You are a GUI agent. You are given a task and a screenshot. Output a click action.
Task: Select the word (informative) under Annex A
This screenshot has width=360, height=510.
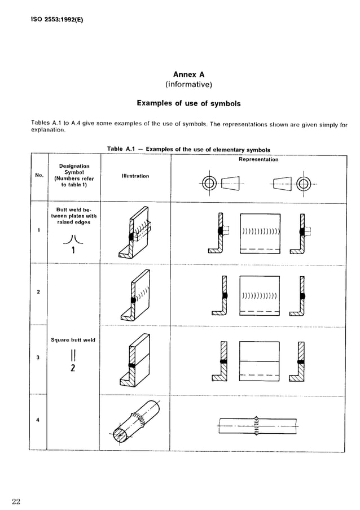tap(188, 85)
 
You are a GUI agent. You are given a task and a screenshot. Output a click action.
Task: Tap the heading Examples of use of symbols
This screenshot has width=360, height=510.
tap(188, 103)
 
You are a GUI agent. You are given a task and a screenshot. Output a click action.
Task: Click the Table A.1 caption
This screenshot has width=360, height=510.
tap(188, 150)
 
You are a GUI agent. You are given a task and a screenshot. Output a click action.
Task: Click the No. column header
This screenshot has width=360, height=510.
tap(39, 176)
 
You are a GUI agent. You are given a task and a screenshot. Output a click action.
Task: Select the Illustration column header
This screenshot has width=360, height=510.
tap(135, 176)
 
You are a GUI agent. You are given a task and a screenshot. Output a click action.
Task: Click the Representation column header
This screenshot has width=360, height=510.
tap(258, 160)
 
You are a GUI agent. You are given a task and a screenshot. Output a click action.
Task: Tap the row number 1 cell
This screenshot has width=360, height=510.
tap(38, 230)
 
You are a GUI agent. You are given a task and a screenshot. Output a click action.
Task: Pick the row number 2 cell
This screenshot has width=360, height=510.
tap(38, 291)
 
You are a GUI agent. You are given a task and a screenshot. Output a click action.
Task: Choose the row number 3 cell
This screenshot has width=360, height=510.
tap(38, 357)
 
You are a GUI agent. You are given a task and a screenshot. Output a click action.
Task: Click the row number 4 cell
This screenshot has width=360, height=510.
tap(38, 419)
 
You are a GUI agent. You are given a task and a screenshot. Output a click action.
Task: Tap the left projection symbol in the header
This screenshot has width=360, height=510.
tap(221, 184)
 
